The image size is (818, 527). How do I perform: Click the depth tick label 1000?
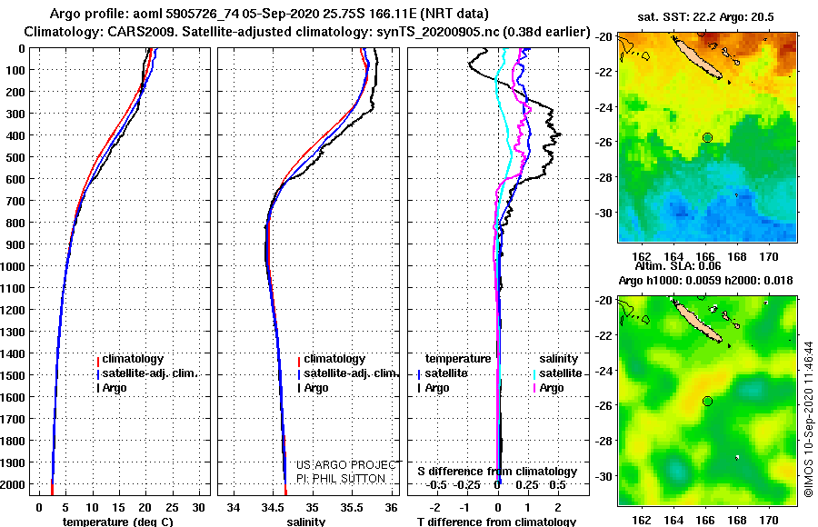coord(13,266)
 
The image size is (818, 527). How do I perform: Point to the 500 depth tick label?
coord(15,157)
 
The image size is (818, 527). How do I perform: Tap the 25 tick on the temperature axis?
coord(172,508)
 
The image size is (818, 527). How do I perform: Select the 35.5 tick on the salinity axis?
coord(351,508)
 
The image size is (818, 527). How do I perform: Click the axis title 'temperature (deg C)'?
coord(117,522)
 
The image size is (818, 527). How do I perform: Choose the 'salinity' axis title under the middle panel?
coord(305,522)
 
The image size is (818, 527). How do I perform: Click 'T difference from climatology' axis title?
coord(496,522)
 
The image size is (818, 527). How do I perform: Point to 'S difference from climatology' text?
coord(497,472)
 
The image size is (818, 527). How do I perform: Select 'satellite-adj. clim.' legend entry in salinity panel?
coord(348,373)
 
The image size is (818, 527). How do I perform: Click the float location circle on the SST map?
coord(707,138)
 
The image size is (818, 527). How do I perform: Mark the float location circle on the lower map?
coord(707,402)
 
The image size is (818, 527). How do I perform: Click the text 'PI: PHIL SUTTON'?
coord(341,479)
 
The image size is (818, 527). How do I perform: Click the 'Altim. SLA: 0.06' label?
coord(678,266)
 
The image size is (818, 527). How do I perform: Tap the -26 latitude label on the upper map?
coord(604,142)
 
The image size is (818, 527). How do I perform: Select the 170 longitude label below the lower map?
coord(768,521)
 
